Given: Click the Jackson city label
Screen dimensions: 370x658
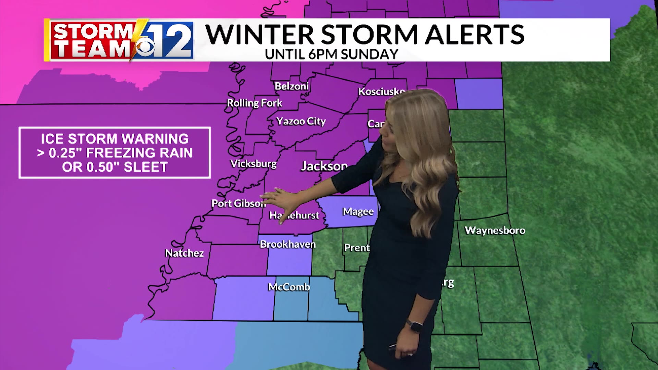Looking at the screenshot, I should coord(324,166).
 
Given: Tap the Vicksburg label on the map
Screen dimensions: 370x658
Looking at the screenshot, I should coord(253,164).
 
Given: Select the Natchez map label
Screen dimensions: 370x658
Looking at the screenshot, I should coord(184,253).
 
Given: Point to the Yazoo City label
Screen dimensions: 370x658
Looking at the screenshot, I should coord(301,121).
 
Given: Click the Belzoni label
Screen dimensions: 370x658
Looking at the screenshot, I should coord(291,86).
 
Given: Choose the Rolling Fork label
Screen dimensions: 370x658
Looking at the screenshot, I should coord(254,103).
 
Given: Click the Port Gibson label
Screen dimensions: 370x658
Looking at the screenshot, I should coord(239,203).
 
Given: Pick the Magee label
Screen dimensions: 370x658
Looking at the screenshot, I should coord(358,211).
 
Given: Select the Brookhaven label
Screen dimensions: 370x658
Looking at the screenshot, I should coord(288,244).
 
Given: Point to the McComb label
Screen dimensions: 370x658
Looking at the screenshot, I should coord(289,287).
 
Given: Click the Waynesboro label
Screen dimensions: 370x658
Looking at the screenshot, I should coord(495,230).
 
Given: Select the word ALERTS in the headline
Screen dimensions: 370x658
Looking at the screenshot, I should coord(474,34).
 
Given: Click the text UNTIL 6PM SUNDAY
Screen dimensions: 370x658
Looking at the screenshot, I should coord(331,54).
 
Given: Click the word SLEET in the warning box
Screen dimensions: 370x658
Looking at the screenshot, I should coord(146,167).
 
